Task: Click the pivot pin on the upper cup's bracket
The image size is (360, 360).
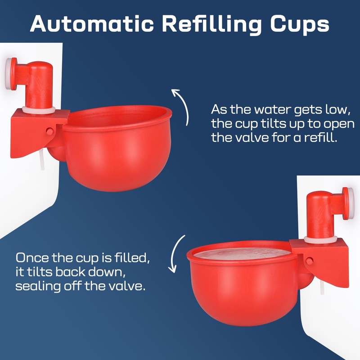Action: tap(49, 131)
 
